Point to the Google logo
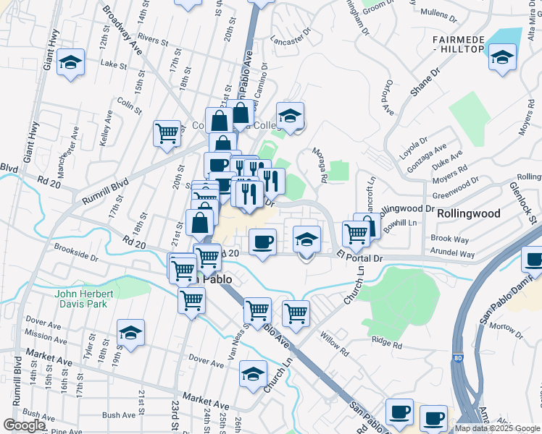point(24,425)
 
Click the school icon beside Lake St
point(71,62)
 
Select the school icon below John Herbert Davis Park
point(130,333)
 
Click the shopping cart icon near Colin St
point(167,133)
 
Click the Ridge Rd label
point(386,341)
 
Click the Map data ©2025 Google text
point(496,428)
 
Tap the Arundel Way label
point(453,254)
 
